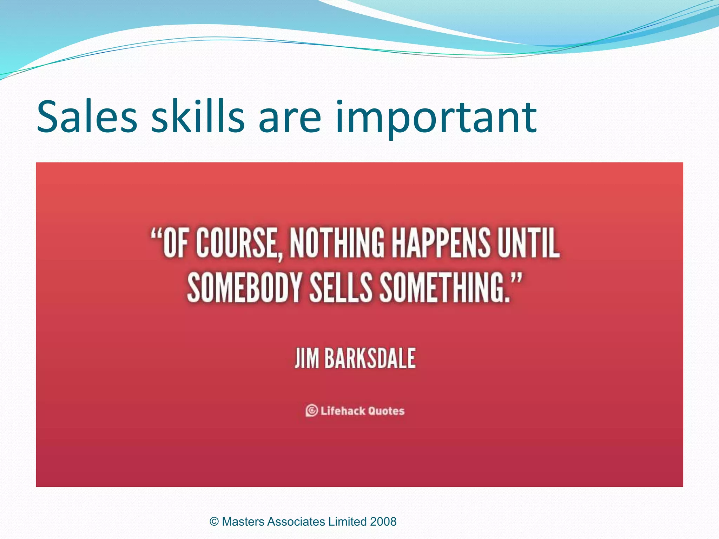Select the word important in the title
click(x=436, y=118)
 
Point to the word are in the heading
click(x=290, y=118)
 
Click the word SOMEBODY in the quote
click(x=244, y=287)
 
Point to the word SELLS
click(x=341, y=287)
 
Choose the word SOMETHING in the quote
click(x=444, y=287)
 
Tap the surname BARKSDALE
click(x=370, y=358)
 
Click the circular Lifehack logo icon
click(x=311, y=411)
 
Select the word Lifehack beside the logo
click(x=343, y=411)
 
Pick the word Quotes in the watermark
click(x=386, y=411)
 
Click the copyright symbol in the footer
click(x=214, y=522)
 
